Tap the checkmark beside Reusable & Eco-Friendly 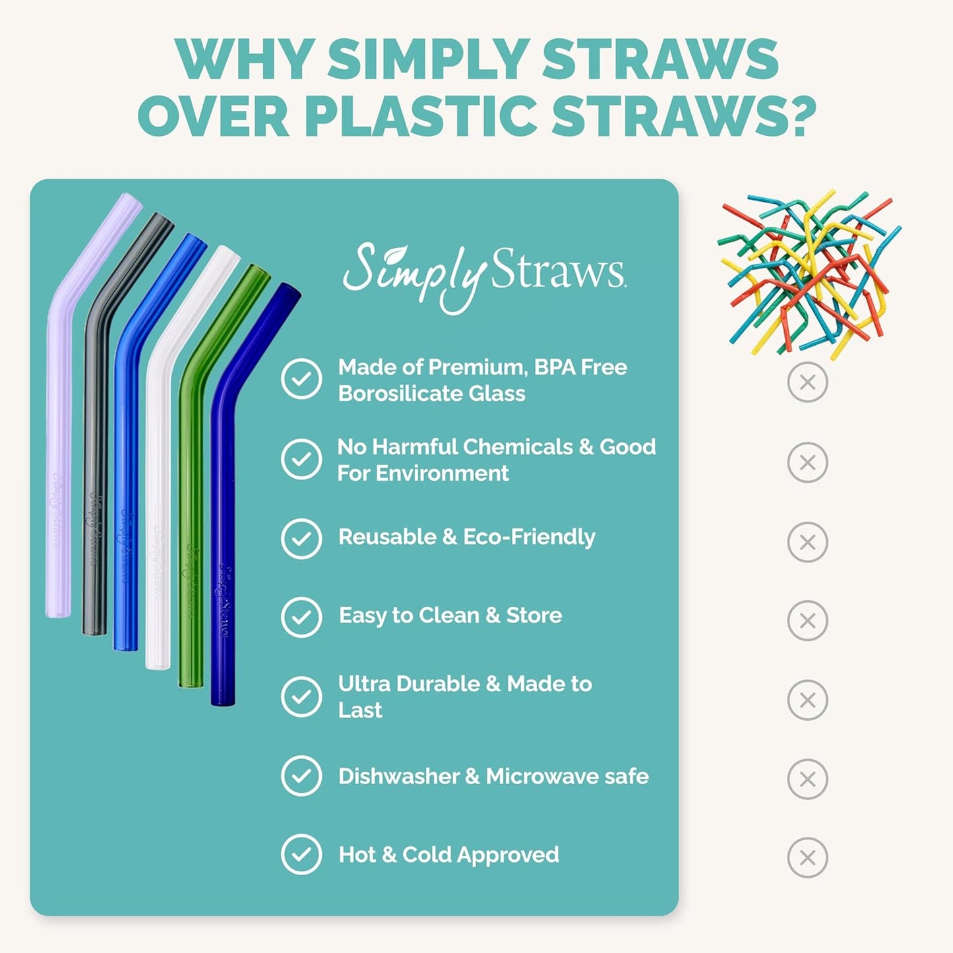(301, 538)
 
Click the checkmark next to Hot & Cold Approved (301, 855)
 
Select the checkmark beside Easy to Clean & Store (301, 617)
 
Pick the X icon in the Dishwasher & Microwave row (807, 779)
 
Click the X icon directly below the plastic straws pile (807, 382)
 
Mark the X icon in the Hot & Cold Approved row (807, 857)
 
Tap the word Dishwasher (398, 776)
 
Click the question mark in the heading (796, 116)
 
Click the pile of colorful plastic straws (809, 274)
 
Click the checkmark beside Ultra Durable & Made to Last (301, 696)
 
